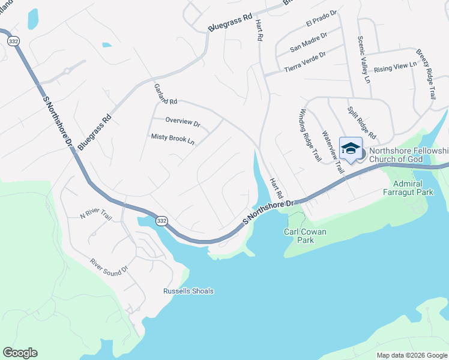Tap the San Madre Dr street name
coord(309,41)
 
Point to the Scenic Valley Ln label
coord(364,59)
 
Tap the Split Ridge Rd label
coord(361,122)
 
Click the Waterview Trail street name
coord(333,152)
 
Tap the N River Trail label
coord(97,214)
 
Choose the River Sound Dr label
coord(109,266)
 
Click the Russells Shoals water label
coord(188,292)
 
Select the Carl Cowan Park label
coord(306,235)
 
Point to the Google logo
coord(20,353)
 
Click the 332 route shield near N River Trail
coord(161,221)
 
